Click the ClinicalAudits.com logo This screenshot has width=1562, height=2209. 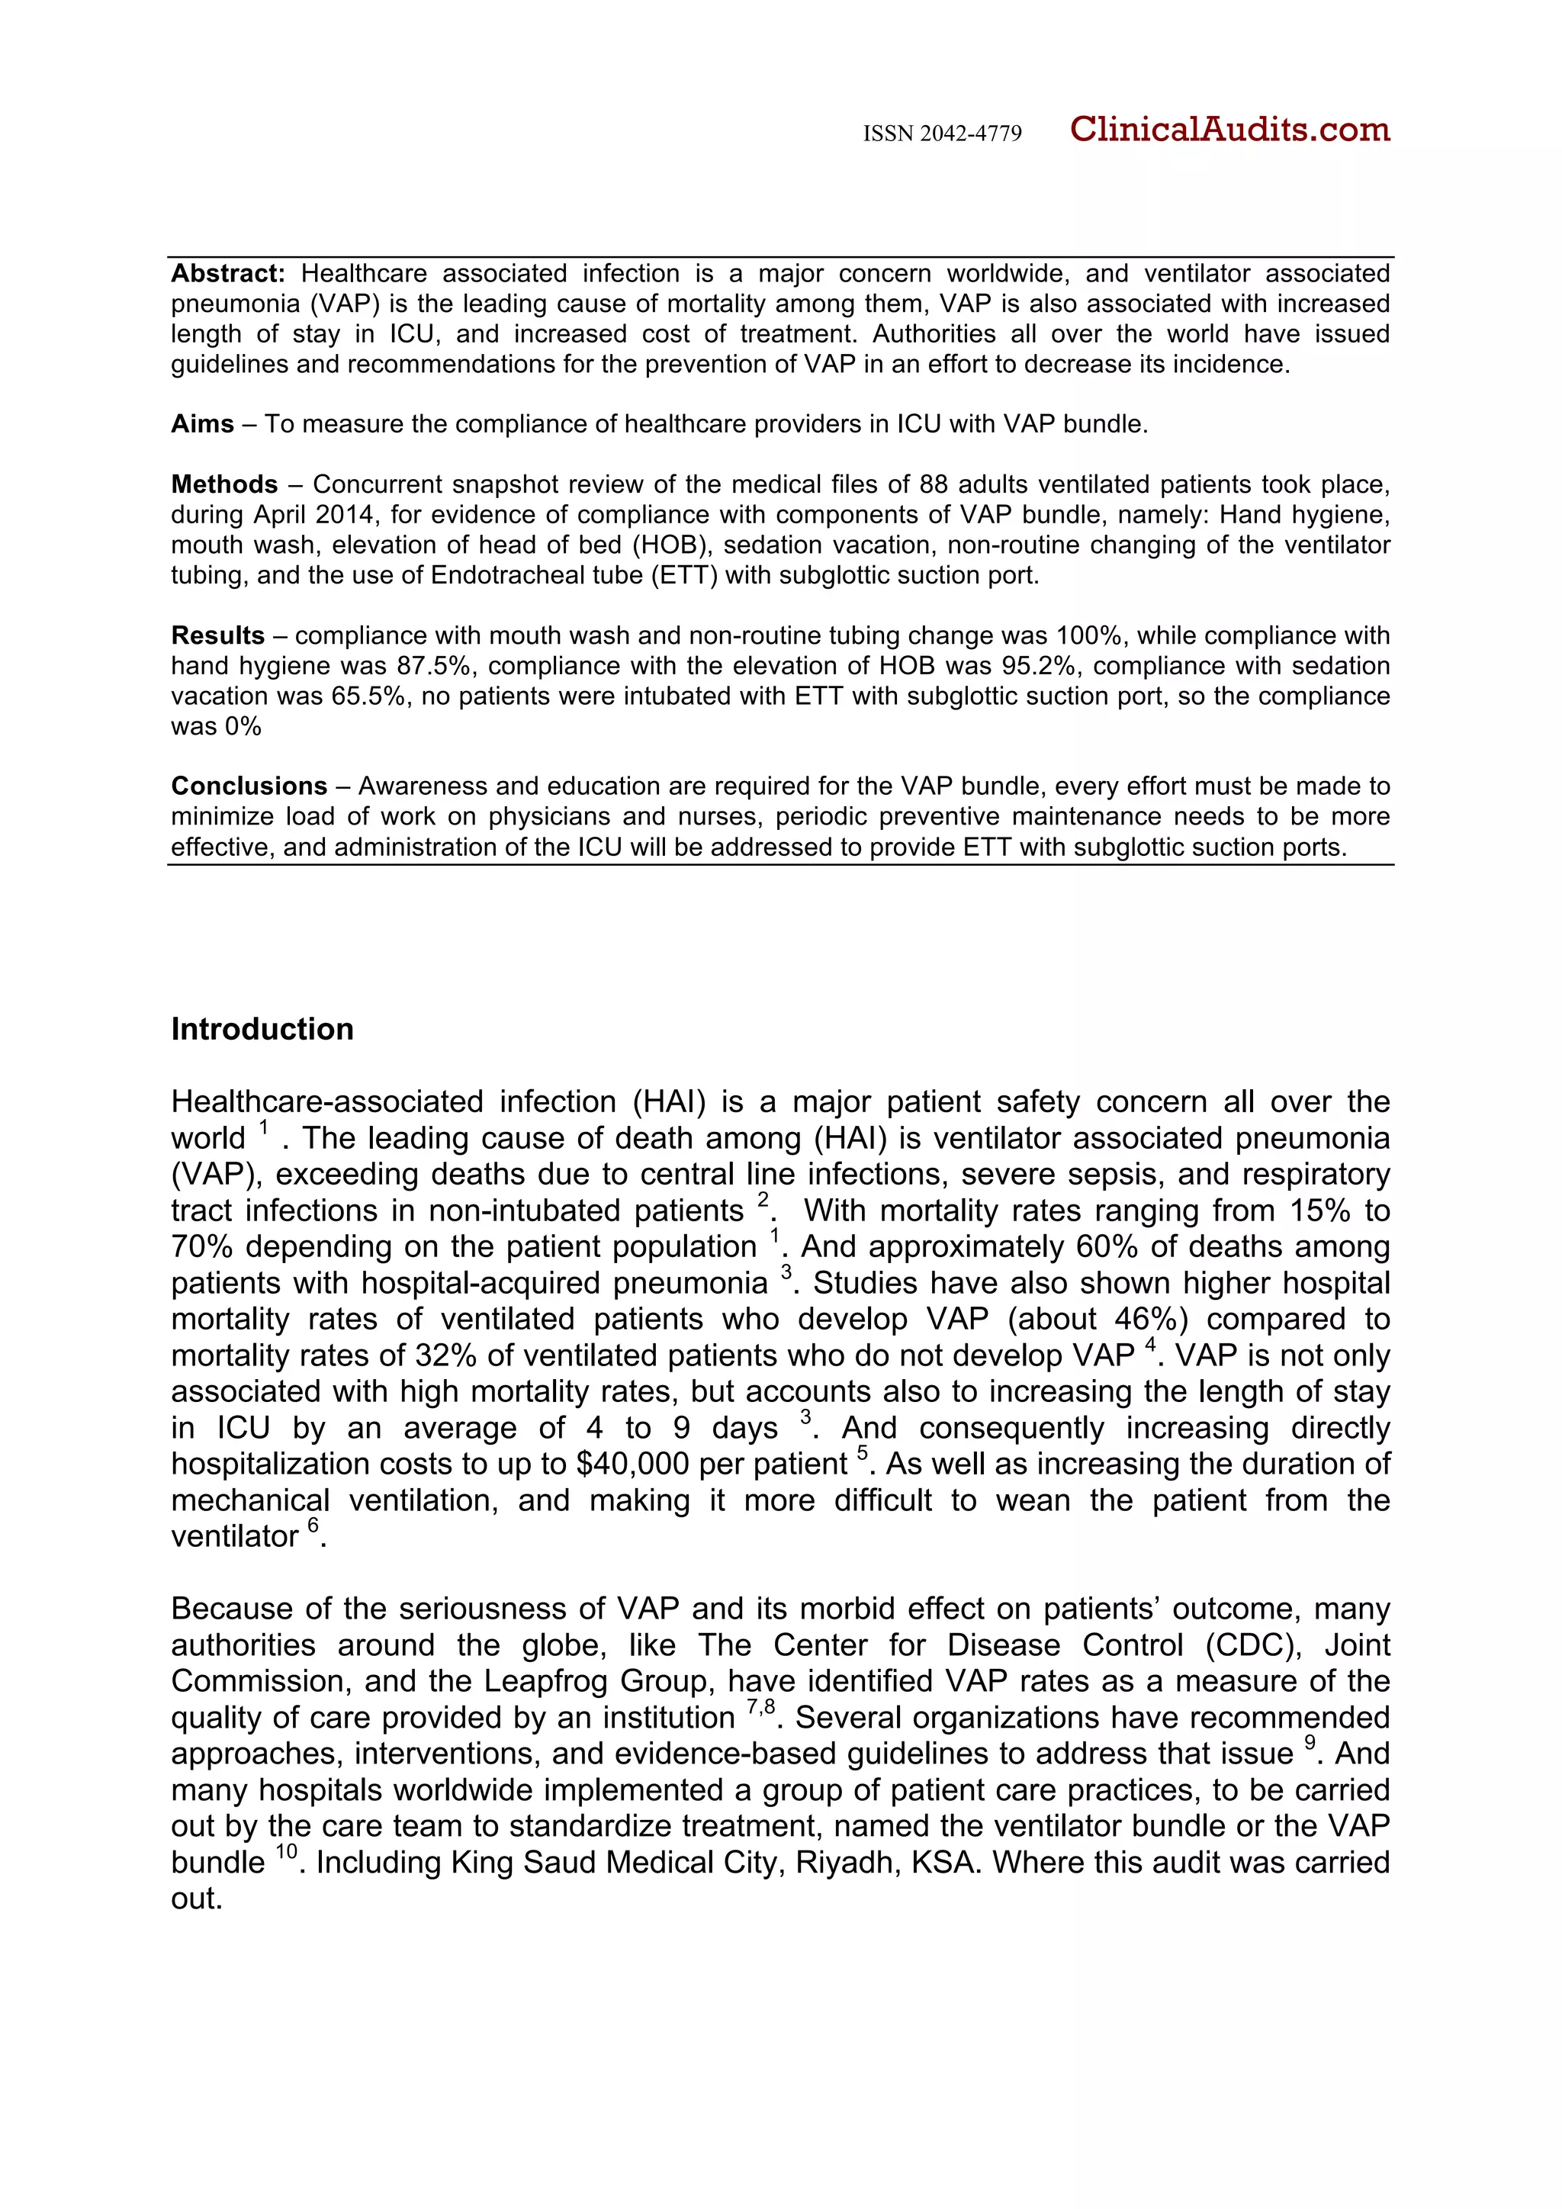pos(1229,129)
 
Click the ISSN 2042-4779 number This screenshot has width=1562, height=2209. pos(942,133)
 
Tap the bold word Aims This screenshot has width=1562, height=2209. pos(202,424)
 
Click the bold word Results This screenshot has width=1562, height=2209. pos(217,636)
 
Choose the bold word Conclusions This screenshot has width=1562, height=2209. pos(249,786)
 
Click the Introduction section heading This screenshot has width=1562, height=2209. pos(262,1030)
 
